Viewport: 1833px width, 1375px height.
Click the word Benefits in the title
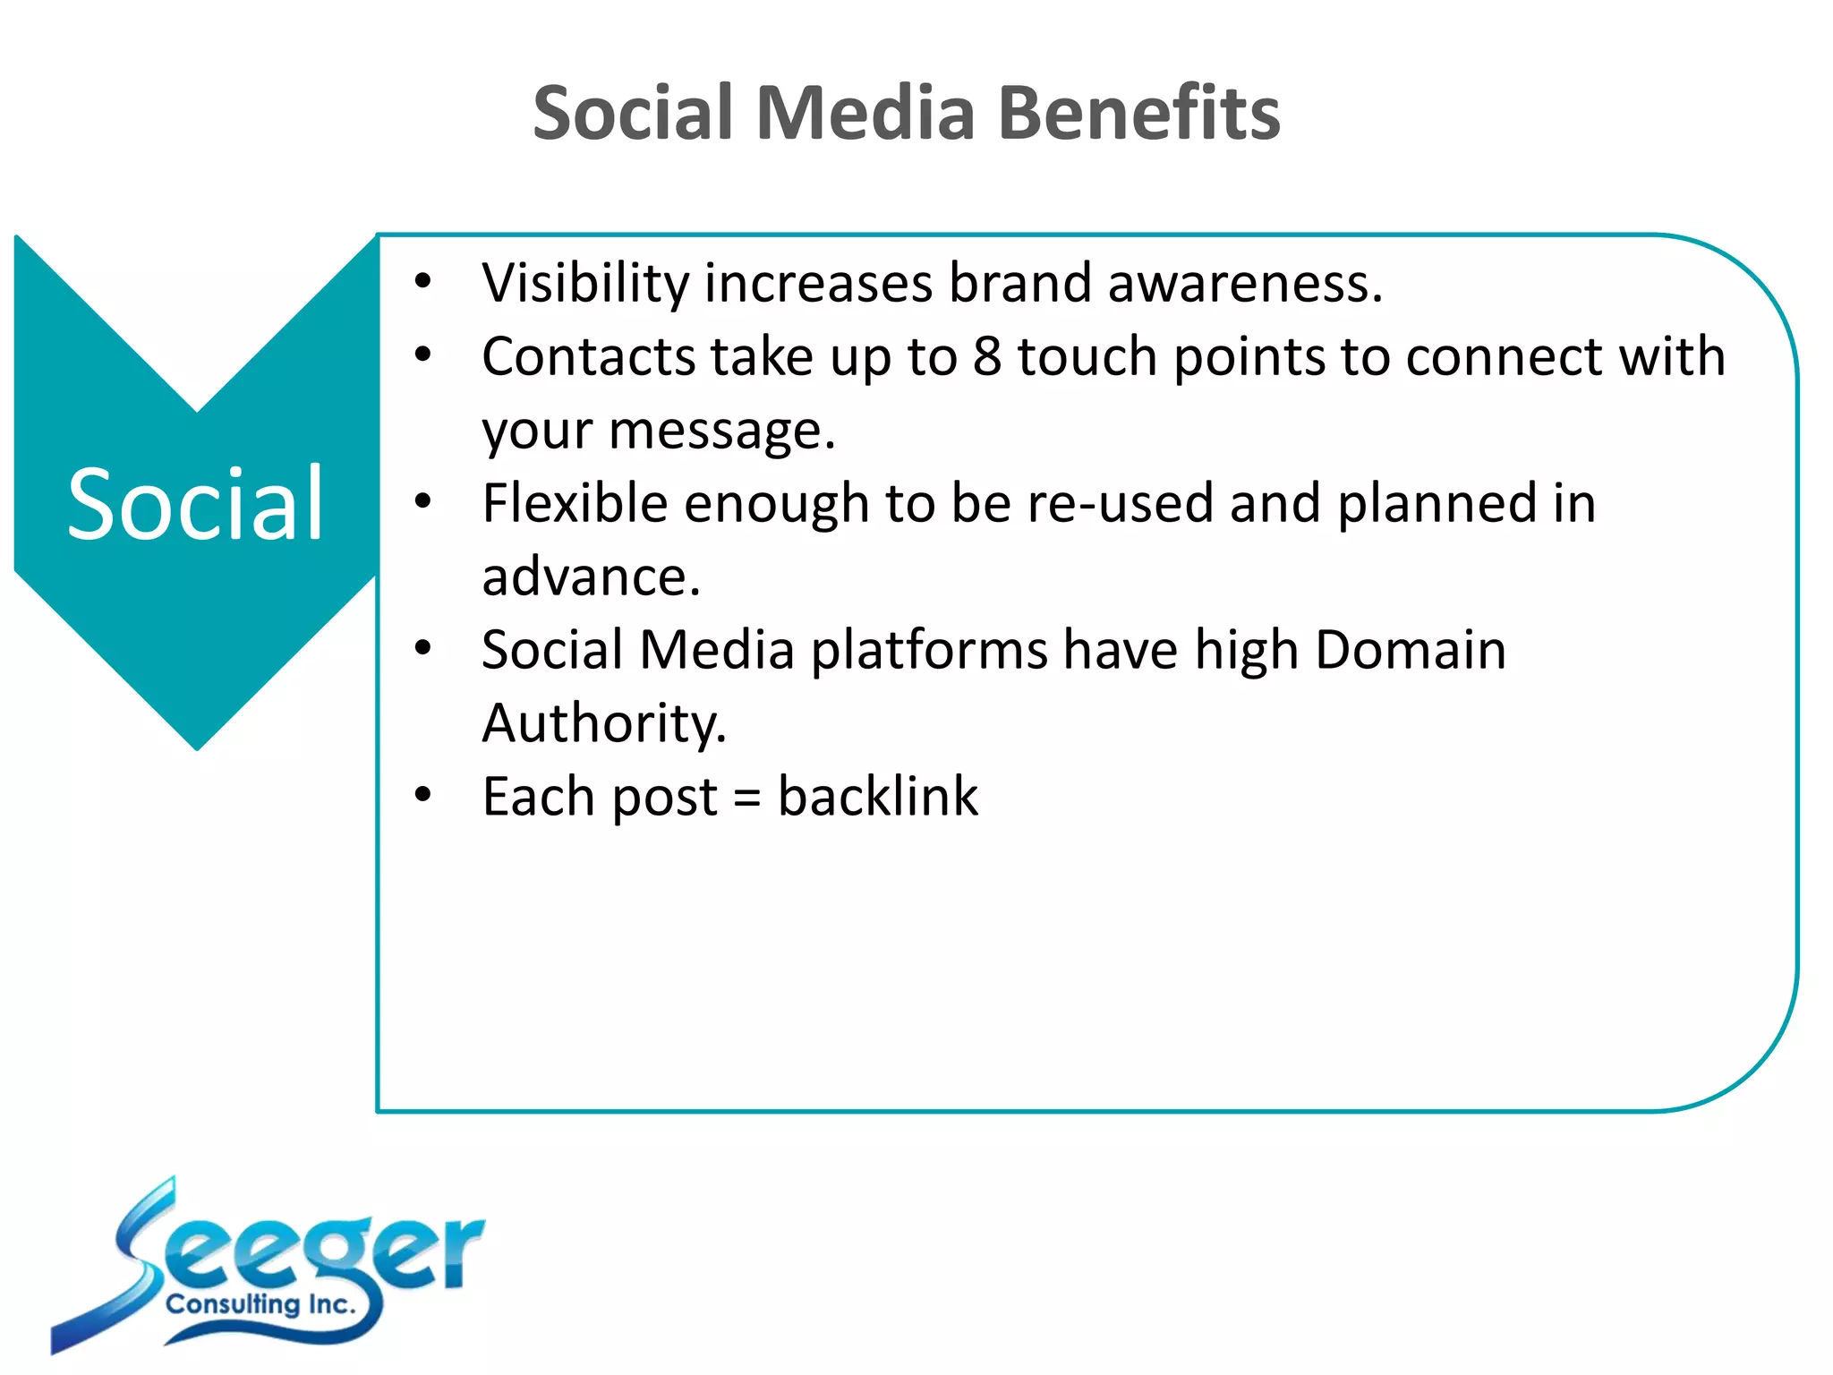pyautogui.click(x=1138, y=113)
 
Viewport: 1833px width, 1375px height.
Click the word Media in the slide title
pyautogui.click(x=865, y=113)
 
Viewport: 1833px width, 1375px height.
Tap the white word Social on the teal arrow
pyautogui.click(x=195, y=505)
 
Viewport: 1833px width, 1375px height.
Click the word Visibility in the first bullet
pyautogui.click(x=584, y=284)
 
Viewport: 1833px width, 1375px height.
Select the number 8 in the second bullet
pyautogui.click(x=986, y=356)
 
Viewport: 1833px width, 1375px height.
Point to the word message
pyautogui.click(x=721, y=431)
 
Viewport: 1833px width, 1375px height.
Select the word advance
pyautogui.click(x=591, y=576)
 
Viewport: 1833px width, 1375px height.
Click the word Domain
pyautogui.click(x=1411, y=650)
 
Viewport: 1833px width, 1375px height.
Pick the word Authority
pyautogui.click(x=604, y=723)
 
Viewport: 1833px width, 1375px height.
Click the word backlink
pyautogui.click(x=878, y=797)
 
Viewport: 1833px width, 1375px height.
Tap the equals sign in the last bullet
pyautogui.click(x=747, y=799)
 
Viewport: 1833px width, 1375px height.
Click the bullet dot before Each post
pyautogui.click(x=423, y=794)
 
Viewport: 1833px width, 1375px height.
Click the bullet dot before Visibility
pyautogui.click(x=423, y=282)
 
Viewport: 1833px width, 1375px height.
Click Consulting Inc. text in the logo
pyautogui.click(x=260, y=1304)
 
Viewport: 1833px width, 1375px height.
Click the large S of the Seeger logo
pyautogui.click(x=134, y=1253)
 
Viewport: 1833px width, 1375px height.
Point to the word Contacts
pyautogui.click(x=587, y=356)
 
